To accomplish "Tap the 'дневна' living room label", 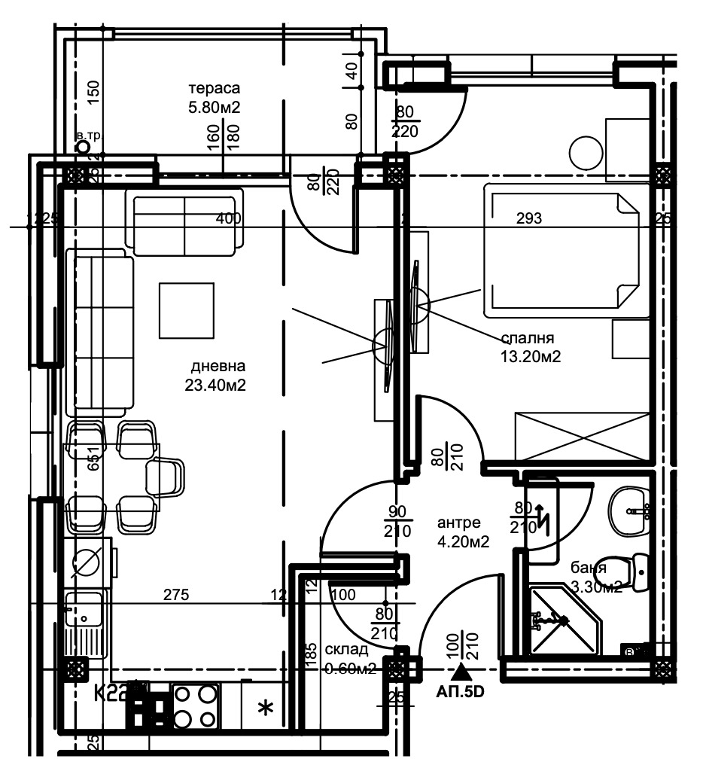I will tap(218, 367).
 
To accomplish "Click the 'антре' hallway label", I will tap(458, 523).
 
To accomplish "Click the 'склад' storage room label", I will tap(346, 650).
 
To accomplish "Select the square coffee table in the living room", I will tap(185, 309).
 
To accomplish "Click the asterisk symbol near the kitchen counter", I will tap(265, 708).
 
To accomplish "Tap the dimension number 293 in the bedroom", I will tap(528, 219).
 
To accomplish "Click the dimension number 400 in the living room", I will tap(228, 219).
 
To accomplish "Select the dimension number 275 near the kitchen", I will tap(177, 595).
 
